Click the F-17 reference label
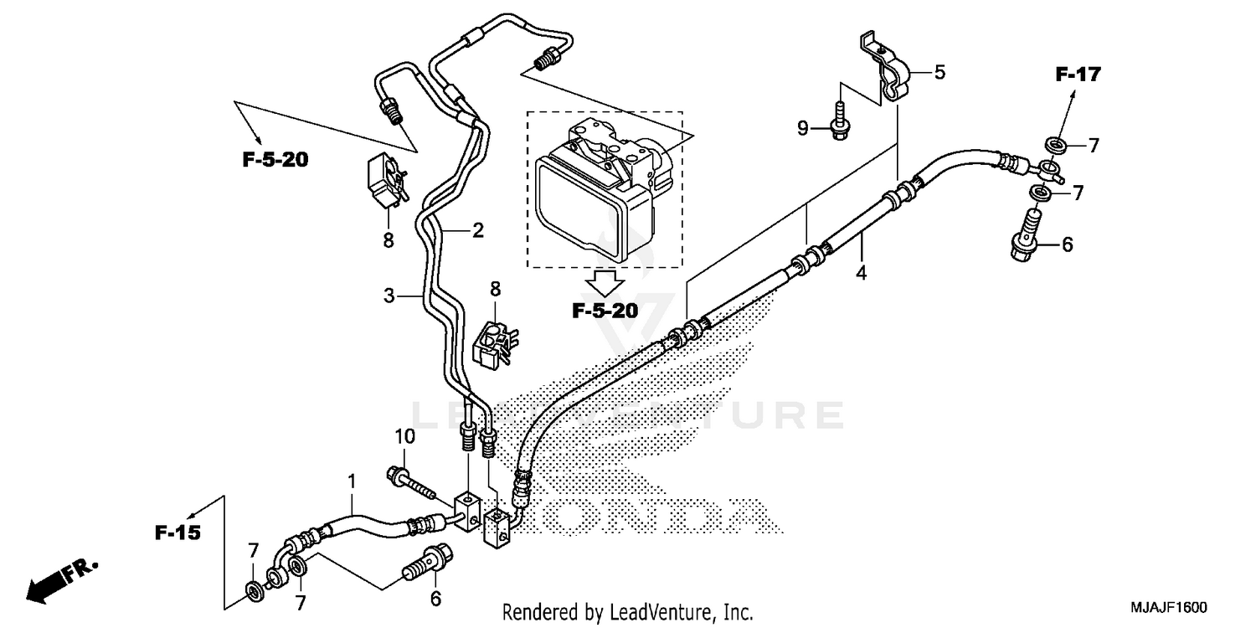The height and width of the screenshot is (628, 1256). pyautogui.click(x=1077, y=75)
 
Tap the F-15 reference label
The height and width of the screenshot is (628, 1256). pyautogui.click(x=178, y=532)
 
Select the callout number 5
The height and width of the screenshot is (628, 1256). pyautogui.click(x=939, y=73)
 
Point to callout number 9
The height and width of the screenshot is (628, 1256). pyautogui.click(x=803, y=128)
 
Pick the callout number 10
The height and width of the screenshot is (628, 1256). pyautogui.click(x=404, y=436)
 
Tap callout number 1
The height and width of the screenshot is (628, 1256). pyautogui.click(x=353, y=481)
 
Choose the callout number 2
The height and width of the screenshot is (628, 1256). pyautogui.click(x=477, y=230)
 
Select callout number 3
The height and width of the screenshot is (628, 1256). pyautogui.click(x=389, y=296)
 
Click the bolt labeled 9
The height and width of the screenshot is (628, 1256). pyautogui.click(x=837, y=117)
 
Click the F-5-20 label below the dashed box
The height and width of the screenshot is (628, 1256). pyautogui.click(x=605, y=311)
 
